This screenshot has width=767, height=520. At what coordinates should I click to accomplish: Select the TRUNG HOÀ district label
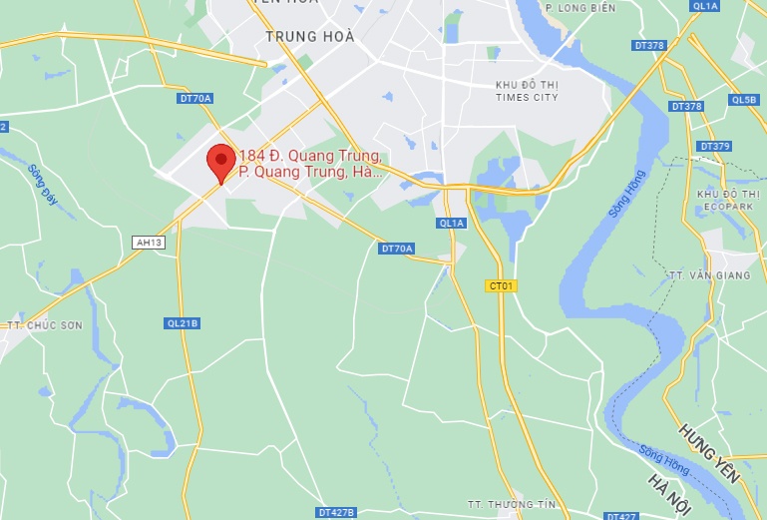point(310,37)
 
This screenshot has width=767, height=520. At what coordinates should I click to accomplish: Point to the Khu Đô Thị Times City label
point(528,92)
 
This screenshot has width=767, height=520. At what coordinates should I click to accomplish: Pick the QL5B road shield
point(744,100)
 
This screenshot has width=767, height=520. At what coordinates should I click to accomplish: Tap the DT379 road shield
point(715,147)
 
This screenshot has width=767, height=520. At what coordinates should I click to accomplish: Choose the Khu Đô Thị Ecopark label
point(722,199)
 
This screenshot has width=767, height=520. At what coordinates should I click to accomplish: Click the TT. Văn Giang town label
point(707,274)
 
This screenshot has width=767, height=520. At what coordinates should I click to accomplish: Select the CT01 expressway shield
point(501,285)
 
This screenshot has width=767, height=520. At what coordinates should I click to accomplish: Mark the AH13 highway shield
point(147,242)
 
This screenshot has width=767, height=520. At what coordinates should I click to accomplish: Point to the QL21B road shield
point(183,323)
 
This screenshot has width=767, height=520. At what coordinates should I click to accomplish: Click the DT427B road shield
point(336,512)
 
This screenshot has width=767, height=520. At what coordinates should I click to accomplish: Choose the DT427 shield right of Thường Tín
point(621,515)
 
